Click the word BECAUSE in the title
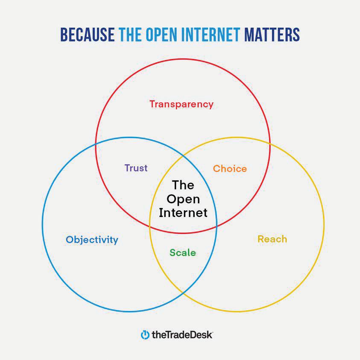tap(87, 35)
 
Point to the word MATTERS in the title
tap(272, 35)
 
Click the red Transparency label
tap(181, 104)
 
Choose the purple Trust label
tap(136, 168)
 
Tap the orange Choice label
tap(230, 169)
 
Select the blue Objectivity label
tap(92, 240)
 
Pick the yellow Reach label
tap(272, 239)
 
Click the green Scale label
tap(183, 252)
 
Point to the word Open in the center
tap(183, 199)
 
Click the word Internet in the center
tap(183, 213)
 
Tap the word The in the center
tap(183, 185)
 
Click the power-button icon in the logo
tap(145, 335)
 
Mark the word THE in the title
tap(130, 35)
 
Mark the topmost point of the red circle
tap(183, 59)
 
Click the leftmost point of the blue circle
tap(42, 225)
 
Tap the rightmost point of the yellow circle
tap(324, 225)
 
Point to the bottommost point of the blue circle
tap(129, 312)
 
